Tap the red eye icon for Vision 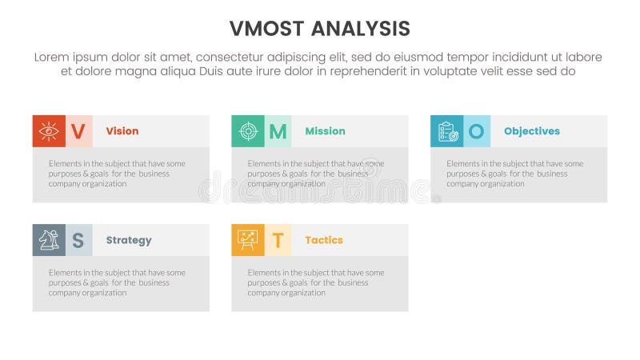pos(49,131)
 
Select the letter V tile pos(78,131)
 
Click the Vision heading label pos(122,131)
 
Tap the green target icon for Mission pos(248,131)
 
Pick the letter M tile pos(278,131)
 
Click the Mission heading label pos(325,131)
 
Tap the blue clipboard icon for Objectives pos(447,131)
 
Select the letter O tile pos(477,131)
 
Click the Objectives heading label pos(532,131)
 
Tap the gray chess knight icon pos(49,240)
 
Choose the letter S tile pos(78,240)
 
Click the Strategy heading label pos(129,240)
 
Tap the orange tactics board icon pos(248,240)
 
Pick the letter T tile pos(278,240)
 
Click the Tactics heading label pos(324,240)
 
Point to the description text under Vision pos(117,174)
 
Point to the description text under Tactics pos(316,282)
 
